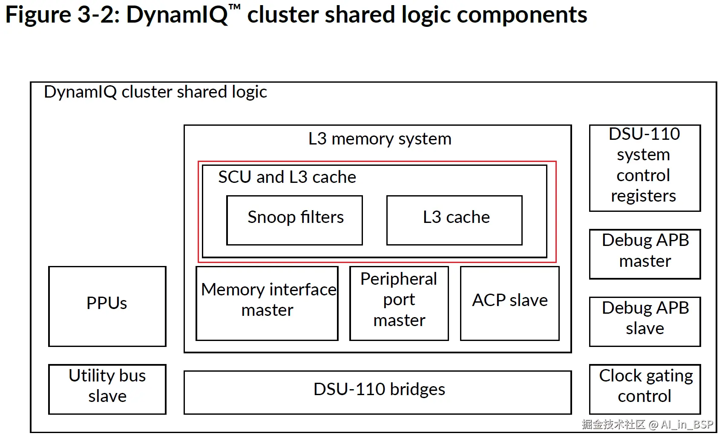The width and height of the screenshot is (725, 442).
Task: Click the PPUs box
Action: point(107,306)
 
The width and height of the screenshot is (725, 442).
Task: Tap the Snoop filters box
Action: point(294,220)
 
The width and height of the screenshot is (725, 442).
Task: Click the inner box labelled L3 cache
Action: point(454,220)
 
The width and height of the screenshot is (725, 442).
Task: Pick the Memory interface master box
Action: point(267,303)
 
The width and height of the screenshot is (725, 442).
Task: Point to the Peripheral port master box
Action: point(399,303)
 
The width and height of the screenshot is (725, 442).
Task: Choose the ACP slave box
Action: point(509,303)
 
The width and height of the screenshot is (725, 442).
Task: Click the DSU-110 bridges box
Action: point(377,392)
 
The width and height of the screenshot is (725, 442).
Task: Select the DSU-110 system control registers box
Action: point(644,168)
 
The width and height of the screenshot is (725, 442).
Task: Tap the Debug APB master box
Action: point(644,254)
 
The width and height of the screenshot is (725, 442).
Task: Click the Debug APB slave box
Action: point(644,321)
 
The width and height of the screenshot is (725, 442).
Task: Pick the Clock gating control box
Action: point(644,389)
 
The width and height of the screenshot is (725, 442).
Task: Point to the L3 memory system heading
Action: point(380,139)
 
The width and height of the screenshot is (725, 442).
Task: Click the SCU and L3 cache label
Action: point(287,177)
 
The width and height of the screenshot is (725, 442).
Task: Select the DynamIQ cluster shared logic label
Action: point(155,92)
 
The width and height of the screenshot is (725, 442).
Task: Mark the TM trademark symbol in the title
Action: point(234,7)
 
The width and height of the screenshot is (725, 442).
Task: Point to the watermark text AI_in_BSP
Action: point(687,425)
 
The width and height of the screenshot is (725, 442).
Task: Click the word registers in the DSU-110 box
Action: point(643,196)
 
